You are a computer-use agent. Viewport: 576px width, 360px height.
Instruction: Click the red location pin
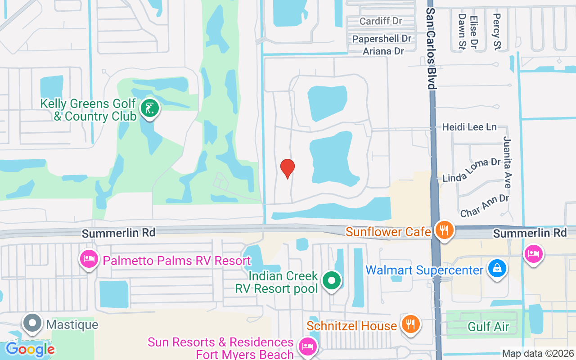click(x=288, y=168)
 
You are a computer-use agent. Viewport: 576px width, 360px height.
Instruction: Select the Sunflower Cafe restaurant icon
click(x=445, y=230)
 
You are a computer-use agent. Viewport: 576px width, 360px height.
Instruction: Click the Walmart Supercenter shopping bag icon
click(x=497, y=269)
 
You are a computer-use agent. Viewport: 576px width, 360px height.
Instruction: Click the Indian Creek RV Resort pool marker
click(x=332, y=281)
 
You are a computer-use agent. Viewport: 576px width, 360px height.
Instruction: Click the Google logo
click(x=30, y=349)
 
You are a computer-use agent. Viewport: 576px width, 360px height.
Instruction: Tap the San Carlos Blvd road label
click(x=431, y=48)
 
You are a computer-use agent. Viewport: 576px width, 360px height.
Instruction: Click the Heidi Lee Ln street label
click(x=469, y=127)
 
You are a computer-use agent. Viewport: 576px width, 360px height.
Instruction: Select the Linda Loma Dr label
click(x=472, y=170)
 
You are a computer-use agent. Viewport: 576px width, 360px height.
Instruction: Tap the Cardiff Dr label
click(x=381, y=21)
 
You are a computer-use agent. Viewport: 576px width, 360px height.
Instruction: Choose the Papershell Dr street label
click(x=382, y=39)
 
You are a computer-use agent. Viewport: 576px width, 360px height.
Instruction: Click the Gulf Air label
click(x=489, y=326)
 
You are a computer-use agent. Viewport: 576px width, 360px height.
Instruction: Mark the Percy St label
click(x=497, y=31)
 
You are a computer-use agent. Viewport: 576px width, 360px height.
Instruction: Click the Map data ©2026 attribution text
click(x=538, y=353)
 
